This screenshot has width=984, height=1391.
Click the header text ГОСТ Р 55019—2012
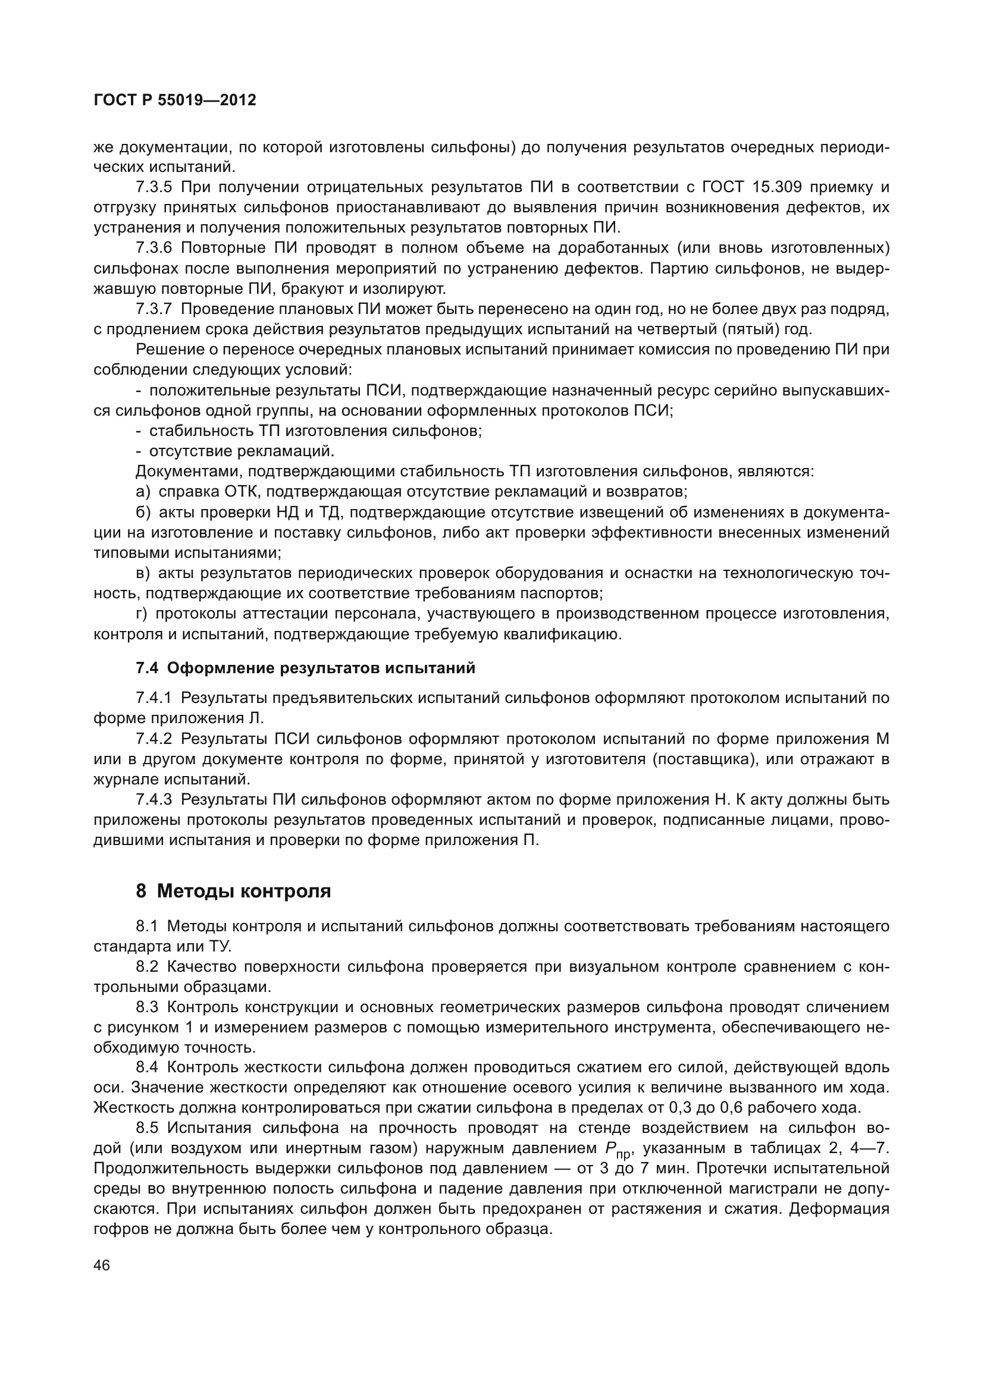pyautogui.click(x=175, y=100)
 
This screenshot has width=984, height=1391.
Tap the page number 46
pyautogui.click(x=102, y=1265)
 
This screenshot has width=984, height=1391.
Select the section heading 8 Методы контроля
pyautogui.click(x=233, y=891)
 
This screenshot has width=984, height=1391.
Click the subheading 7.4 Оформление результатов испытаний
pyautogui.click(x=305, y=668)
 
